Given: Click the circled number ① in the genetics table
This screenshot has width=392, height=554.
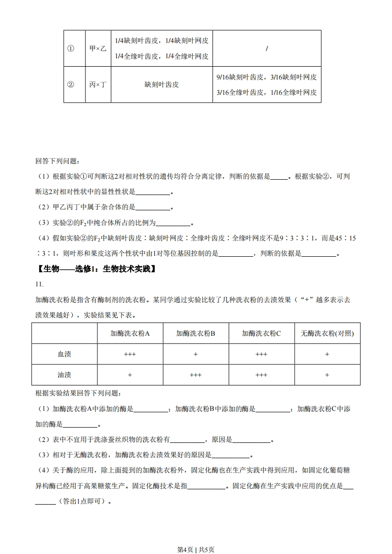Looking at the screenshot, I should tap(71, 48).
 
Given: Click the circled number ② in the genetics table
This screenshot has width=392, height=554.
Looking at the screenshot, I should tap(71, 84).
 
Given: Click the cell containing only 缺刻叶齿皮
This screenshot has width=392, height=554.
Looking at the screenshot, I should tap(162, 84).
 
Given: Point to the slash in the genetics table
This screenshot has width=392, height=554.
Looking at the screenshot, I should tap(266, 48).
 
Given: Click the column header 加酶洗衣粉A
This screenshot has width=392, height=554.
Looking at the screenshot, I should tap(130, 333).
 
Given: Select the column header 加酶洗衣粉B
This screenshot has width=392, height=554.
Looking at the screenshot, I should tap(196, 333).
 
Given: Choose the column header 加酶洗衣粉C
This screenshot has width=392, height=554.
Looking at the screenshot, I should tap(261, 333).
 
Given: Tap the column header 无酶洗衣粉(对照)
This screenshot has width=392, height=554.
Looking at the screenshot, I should tap(327, 333).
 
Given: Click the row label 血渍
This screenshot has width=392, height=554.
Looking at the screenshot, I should tap(64, 354).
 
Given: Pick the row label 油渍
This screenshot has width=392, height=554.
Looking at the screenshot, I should tap(64, 375).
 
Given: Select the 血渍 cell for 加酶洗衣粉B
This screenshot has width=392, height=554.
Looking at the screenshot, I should tap(196, 354).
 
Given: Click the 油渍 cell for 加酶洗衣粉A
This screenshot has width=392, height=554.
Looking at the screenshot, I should tap(130, 375).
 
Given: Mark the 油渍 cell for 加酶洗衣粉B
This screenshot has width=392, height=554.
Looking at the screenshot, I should tap(196, 375).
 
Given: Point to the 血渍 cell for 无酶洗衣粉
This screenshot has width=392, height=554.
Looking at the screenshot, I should tap(327, 354).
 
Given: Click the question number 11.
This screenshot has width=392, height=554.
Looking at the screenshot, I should tap(40, 284).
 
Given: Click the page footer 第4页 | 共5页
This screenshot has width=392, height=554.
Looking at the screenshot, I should tap(196, 536).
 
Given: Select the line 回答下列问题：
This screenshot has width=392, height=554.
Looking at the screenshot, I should tap(57, 161).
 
